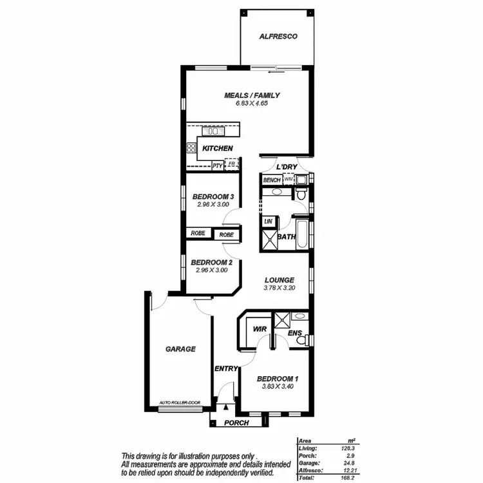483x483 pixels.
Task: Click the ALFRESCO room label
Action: pos(278,37)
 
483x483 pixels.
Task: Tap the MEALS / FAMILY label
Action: pos(252,95)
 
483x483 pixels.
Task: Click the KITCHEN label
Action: pos(217,148)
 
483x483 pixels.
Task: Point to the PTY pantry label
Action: pos(218,166)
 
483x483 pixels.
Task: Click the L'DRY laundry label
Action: pos(286,167)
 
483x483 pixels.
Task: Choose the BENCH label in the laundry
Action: pos(272,180)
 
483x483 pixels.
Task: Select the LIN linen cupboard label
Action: pos(268,221)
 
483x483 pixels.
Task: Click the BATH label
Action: pos(286,237)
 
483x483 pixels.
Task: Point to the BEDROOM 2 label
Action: pos(211,262)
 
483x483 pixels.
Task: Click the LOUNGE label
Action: pos(279,280)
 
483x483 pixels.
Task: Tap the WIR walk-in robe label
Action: pos(260,328)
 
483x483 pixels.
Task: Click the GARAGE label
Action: pos(180,348)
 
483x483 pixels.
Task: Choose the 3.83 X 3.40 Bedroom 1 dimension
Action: pos(277,387)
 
